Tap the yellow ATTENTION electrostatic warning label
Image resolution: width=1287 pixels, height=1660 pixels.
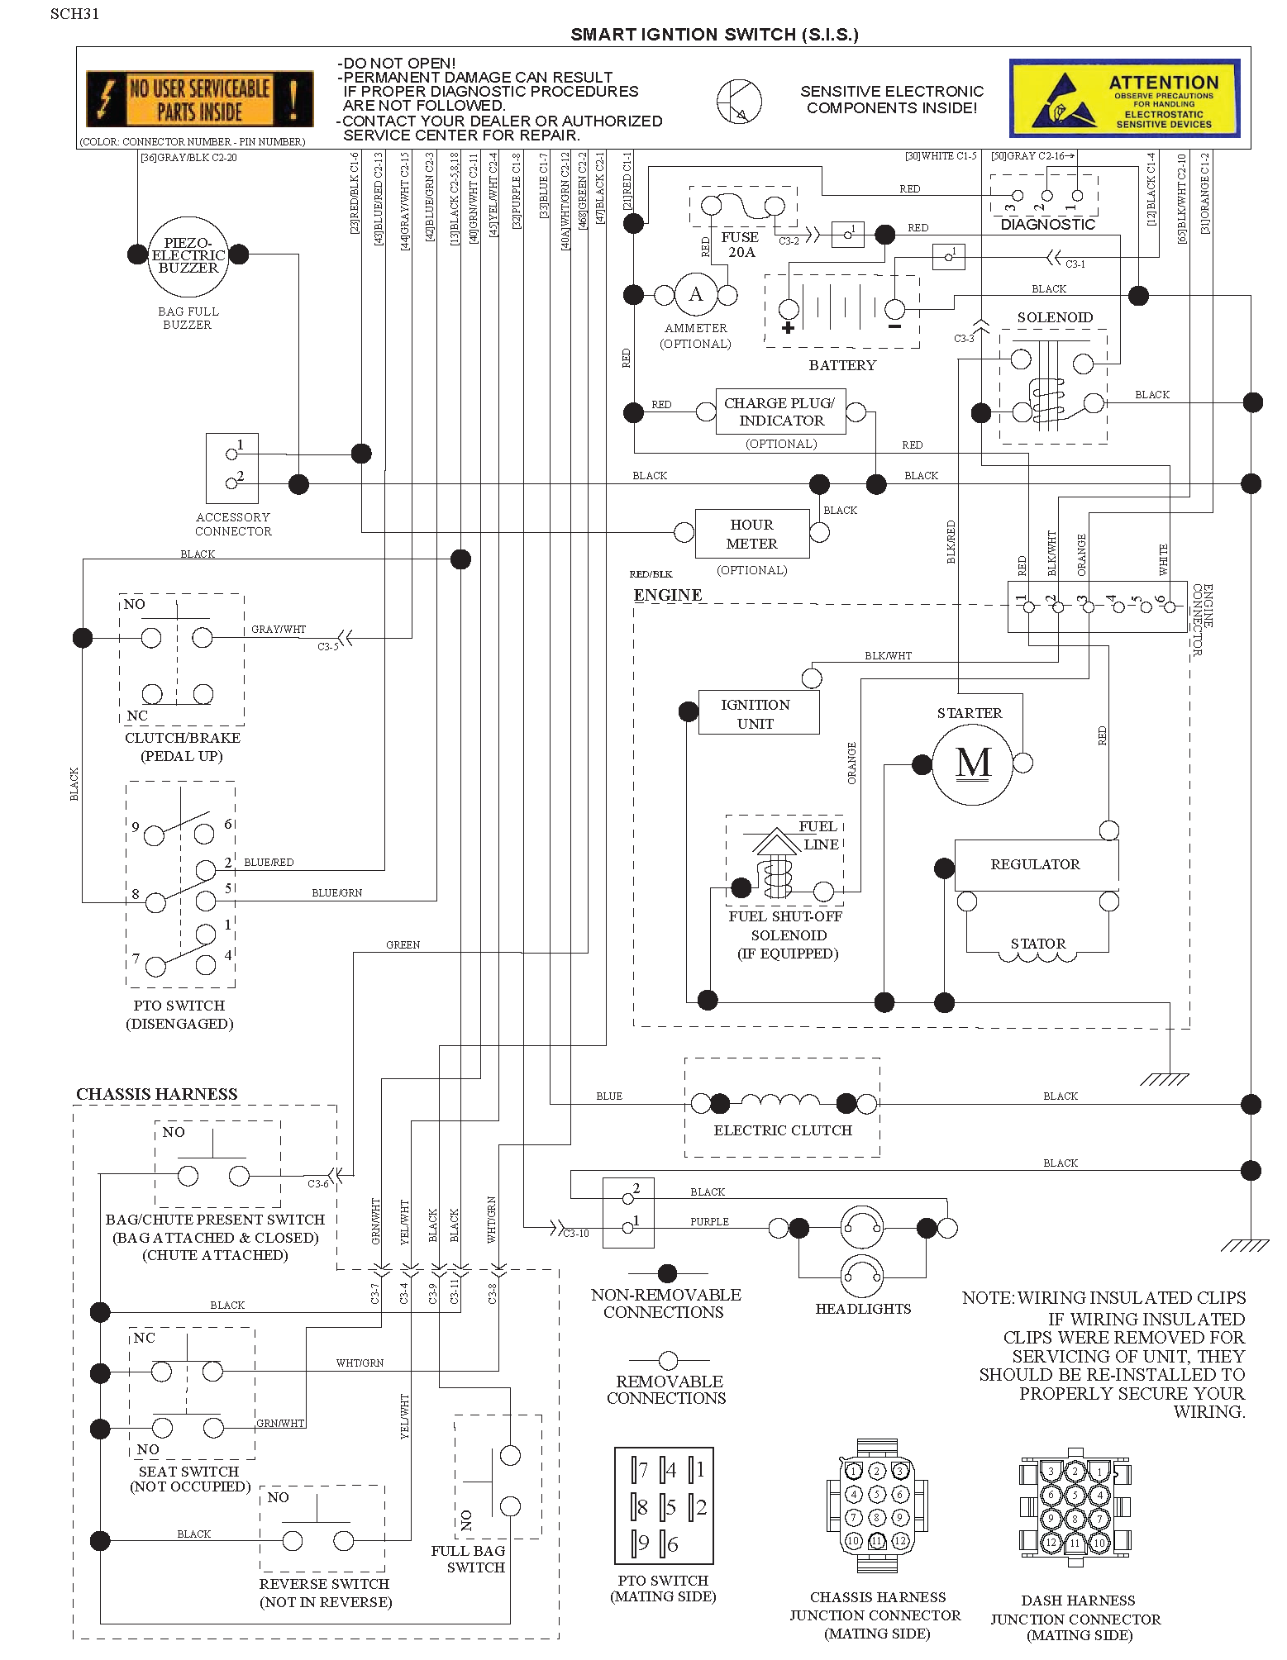tap(1124, 98)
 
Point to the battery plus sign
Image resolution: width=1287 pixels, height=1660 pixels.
tap(788, 328)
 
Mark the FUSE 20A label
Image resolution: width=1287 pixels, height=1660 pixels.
tap(741, 245)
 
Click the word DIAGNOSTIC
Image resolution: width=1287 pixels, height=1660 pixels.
tap(1047, 225)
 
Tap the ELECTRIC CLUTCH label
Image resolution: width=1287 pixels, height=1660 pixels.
tap(783, 1130)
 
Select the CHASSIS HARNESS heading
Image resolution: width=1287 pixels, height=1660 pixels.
tap(157, 1094)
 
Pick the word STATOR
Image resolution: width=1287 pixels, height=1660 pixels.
tap(1038, 944)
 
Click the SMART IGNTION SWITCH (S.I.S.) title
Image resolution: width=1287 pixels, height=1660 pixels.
tap(714, 35)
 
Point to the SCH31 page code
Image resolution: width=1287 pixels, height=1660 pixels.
tap(74, 14)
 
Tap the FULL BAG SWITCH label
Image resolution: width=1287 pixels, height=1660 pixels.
tap(468, 1559)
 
